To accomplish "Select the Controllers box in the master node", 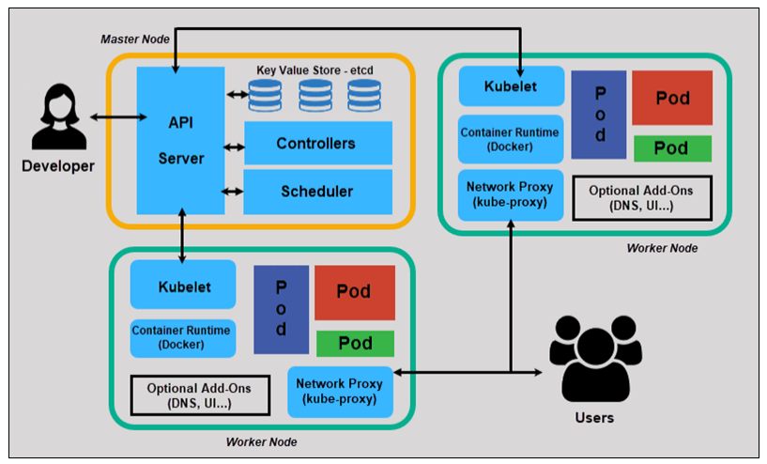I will click(x=317, y=144).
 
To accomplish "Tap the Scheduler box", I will click(x=317, y=192).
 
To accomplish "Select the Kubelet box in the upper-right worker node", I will click(x=512, y=86).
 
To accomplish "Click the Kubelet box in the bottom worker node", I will click(x=184, y=287).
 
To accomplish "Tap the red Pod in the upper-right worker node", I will click(x=671, y=98).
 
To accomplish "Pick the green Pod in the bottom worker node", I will click(x=355, y=343).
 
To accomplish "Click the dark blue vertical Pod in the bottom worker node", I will click(x=281, y=309).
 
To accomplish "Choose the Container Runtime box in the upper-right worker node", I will click(x=512, y=139).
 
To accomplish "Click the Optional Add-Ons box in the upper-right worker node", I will click(x=641, y=197).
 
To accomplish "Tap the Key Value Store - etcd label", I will click(x=320, y=70).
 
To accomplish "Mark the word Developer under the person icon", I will click(x=58, y=166).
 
